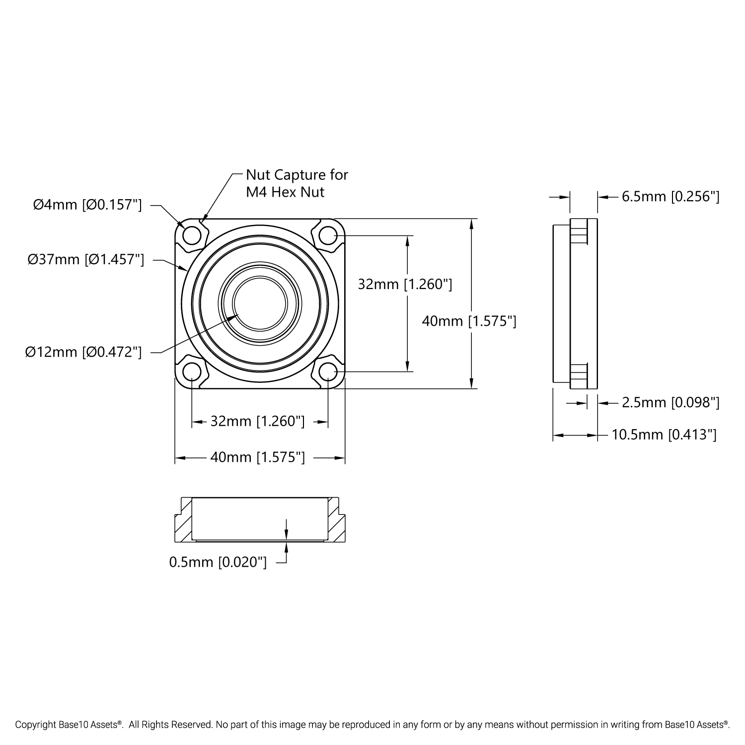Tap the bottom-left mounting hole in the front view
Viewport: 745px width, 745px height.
coord(192,371)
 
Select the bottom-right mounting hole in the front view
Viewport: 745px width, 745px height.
coord(328,371)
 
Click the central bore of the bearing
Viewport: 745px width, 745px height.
coord(260,302)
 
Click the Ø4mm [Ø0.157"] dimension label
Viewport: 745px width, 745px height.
coord(87,205)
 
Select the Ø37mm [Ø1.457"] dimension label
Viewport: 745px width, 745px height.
coord(86,259)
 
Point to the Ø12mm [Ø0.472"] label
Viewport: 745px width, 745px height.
coord(83,352)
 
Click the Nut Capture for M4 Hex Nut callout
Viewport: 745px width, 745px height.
coord(297,183)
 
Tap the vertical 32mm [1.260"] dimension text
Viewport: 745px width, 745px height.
coord(405,284)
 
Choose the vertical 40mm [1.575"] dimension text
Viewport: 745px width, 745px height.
coord(469,321)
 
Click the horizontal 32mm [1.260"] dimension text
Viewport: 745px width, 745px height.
coord(257,421)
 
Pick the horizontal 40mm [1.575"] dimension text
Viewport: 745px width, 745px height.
coord(257,457)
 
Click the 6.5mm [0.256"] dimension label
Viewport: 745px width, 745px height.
coord(670,197)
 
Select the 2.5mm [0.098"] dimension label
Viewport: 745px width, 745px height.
coord(670,402)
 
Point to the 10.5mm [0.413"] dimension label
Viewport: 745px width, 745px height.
coord(664,435)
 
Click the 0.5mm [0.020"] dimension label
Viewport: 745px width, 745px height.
coord(218,562)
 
